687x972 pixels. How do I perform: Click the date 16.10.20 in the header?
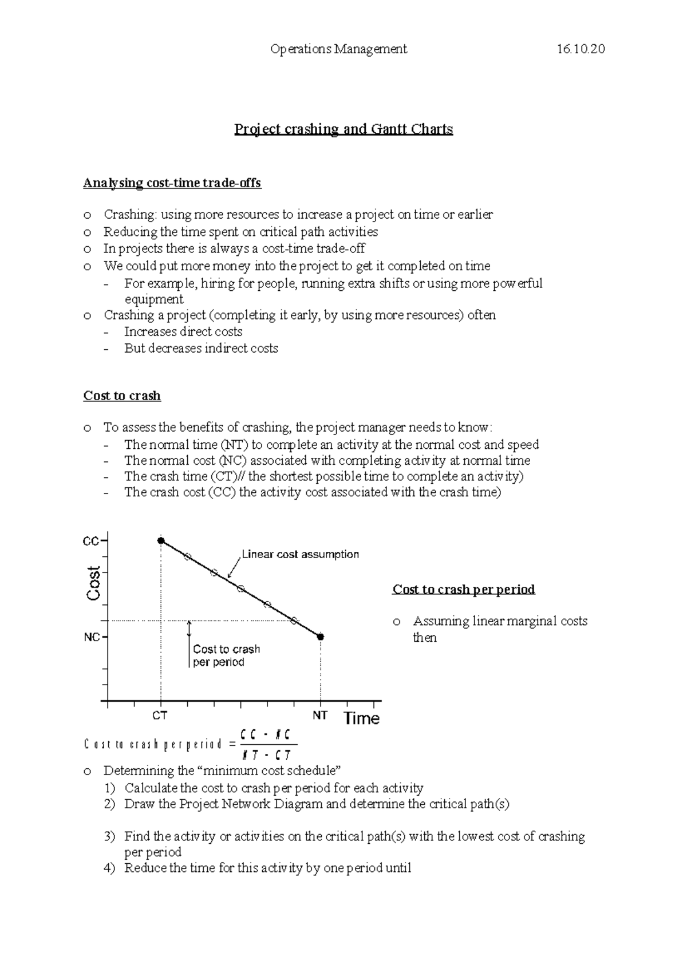tap(580, 49)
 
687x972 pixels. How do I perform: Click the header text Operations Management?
tap(338, 49)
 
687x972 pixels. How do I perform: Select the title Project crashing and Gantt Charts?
tap(343, 129)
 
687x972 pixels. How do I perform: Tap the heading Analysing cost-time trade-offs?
tap(172, 183)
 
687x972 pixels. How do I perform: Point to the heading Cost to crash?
tap(122, 396)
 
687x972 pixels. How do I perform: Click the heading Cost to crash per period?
tap(464, 589)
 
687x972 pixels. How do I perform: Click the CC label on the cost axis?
tap(91, 541)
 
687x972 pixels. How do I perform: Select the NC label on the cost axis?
tap(92, 637)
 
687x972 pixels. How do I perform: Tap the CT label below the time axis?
tap(160, 716)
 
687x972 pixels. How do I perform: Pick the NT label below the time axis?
tap(319, 716)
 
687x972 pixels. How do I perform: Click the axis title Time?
tap(361, 718)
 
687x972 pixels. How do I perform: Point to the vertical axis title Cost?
tap(93, 583)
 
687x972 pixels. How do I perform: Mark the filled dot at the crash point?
tap(161, 541)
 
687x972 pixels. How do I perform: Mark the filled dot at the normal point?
tap(321, 637)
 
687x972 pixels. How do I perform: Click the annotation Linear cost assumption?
tap(300, 554)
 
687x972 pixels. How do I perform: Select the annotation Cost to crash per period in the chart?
tap(226, 655)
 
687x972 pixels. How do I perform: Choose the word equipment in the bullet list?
tap(154, 299)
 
